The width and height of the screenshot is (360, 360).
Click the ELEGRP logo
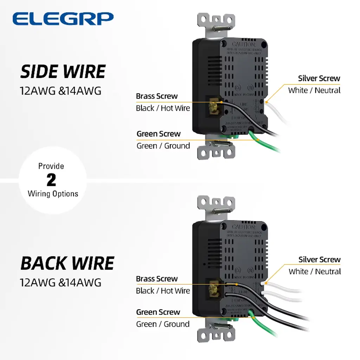point(63,19)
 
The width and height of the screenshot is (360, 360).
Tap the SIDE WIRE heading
point(63,72)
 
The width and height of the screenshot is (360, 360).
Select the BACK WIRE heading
point(67,263)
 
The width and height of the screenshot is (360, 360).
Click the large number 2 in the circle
point(51,180)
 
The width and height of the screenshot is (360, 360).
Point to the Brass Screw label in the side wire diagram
point(157,96)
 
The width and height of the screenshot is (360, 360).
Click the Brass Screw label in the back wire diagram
point(157,279)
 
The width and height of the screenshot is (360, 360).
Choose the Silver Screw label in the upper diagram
point(319,78)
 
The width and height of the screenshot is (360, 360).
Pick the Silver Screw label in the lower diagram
point(319,260)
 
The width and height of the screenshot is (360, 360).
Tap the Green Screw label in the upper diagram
point(158,134)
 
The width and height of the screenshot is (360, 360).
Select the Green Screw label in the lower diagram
point(158,312)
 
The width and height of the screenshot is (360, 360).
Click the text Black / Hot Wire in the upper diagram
point(163,108)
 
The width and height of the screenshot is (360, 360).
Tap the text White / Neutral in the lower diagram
point(315,271)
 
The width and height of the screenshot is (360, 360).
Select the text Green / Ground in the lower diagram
point(163,324)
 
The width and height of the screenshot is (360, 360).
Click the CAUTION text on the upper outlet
point(243,45)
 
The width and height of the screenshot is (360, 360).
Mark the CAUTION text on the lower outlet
point(243,227)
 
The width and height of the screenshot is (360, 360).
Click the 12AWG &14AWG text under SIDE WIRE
point(60,91)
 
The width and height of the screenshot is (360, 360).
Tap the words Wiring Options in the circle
point(53,194)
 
